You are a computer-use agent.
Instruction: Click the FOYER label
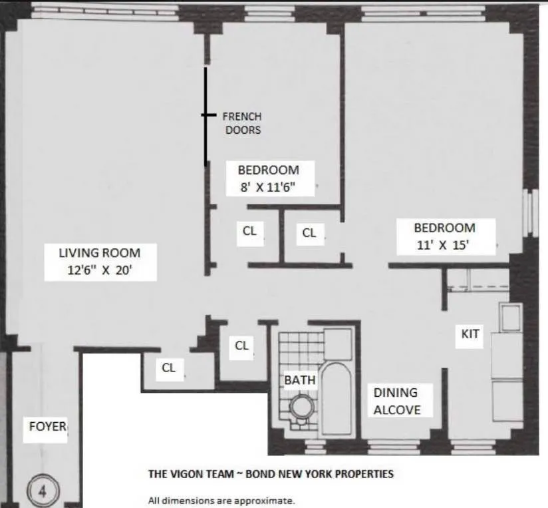(x=47, y=426)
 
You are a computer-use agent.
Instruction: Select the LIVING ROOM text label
(x=100, y=252)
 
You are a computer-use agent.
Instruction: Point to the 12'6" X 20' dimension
(x=100, y=271)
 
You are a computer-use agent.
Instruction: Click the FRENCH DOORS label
(x=242, y=123)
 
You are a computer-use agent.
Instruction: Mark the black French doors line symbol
(x=205, y=116)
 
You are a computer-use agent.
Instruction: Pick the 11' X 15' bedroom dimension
(x=445, y=244)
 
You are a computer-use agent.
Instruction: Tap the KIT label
(x=470, y=334)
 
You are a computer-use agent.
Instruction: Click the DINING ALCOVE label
(x=397, y=401)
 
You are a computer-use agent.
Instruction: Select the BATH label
(x=300, y=380)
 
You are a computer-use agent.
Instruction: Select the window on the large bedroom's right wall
(x=530, y=213)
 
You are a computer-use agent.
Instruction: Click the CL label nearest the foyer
(x=169, y=368)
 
